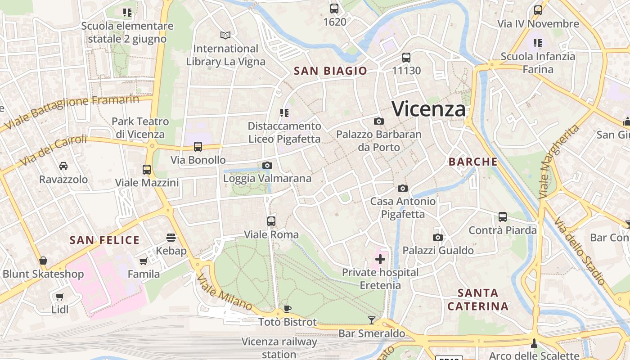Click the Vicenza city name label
coord(428,109)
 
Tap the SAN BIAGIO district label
coord(330,71)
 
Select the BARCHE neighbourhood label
coord(473,162)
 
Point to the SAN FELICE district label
coord(104,240)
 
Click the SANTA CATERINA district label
coord(478,300)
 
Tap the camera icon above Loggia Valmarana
coord(267,166)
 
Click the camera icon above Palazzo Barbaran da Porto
coord(379,121)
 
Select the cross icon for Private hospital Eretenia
coord(380,259)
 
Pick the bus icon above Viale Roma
coord(271,221)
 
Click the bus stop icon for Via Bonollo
coord(198,147)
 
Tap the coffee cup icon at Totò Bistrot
coord(288,309)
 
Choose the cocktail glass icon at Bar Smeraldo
coord(371,320)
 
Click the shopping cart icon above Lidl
coord(59,297)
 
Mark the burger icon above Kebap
coord(171,237)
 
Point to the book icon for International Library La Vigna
coord(225,35)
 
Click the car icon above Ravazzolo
coord(63,166)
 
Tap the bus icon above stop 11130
coord(406,58)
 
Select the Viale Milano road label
coord(224,292)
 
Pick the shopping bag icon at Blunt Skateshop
coord(43,261)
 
